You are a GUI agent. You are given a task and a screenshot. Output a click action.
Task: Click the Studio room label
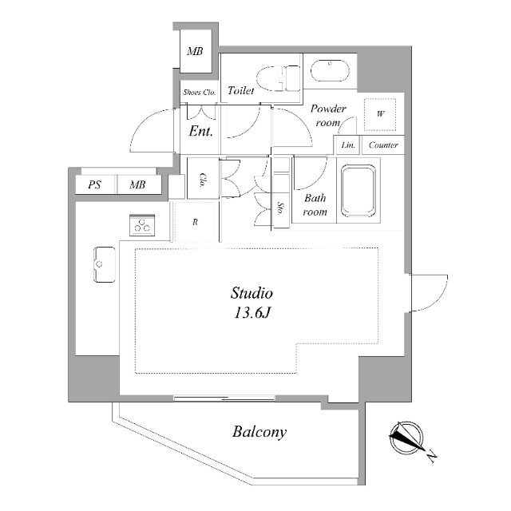(x=252, y=293)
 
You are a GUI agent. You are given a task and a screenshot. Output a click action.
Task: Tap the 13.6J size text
(x=252, y=313)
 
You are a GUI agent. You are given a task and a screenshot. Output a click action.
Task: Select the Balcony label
(x=259, y=432)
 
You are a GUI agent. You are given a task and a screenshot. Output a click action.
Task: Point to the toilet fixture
(x=278, y=78)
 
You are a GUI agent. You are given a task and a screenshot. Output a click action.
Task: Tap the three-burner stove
(x=142, y=225)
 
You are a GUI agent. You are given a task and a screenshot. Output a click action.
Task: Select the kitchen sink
(x=105, y=264)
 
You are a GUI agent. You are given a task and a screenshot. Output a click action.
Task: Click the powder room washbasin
(x=330, y=70)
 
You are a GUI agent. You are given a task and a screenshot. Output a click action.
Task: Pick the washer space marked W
(x=380, y=114)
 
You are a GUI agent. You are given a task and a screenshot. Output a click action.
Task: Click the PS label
(x=94, y=184)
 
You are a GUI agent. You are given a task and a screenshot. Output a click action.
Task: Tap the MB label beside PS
(x=137, y=184)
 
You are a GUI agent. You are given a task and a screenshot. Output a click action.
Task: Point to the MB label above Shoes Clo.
(x=195, y=51)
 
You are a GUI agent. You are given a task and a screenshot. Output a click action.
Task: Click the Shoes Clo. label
(x=199, y=93)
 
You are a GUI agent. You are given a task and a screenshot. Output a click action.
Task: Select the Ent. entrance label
(x=200, y=131)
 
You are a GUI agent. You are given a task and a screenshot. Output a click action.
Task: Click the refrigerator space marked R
(x=195, y=222)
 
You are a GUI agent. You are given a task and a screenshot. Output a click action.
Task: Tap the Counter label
(x=383, y=145)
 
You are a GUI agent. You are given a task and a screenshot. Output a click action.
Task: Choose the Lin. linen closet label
(x=348, y=145)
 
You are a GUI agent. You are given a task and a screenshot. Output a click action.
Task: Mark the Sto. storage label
(x=280, y=208)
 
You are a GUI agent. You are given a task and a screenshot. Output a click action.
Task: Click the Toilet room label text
(x=241, y=90)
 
